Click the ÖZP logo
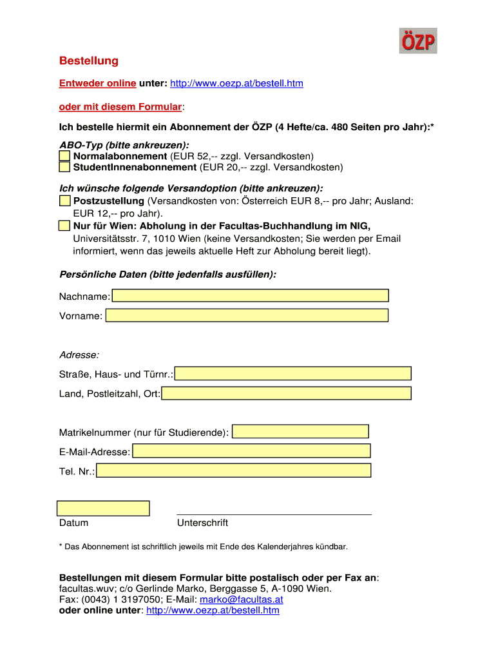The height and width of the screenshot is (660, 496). pyautogui.click(x=418, y=41)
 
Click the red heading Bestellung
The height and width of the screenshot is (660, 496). pyautogui.click(x=89, y=61)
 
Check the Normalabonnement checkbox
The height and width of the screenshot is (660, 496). pyautogui.click(x=64, y=157)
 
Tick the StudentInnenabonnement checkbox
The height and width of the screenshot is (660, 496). pyautogui.click(x=64, y=168)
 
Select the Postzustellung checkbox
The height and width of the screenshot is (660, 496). pyautogui.click(x=64, y=201)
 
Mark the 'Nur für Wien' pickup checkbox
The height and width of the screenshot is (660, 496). pyautogui.click(x=64, y=226)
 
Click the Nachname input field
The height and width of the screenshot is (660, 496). pyautogui.click(x=251, y=296)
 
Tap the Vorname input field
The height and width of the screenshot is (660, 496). pyautogui.click(x=247, y=315)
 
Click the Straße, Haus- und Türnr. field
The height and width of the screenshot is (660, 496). pyautogui.click(x=294, y=374)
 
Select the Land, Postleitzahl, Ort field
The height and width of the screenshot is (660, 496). pyautogui.click(x=287, y=393)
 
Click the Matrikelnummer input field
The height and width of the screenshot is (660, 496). pyautogui.click(x=300, y=432)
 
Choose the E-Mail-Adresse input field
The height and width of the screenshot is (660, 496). pyautogui.click(x=251, y=451)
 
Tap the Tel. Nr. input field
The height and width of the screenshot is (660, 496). pyautogui.click(x=233, y=471)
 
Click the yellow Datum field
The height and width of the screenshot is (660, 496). pyautogui.click(x=103, y=509)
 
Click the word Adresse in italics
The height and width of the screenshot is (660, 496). pyautogui.click(x=79, y=355)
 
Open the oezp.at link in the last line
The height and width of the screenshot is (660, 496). pyautogui.click(x=213, y=610)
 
